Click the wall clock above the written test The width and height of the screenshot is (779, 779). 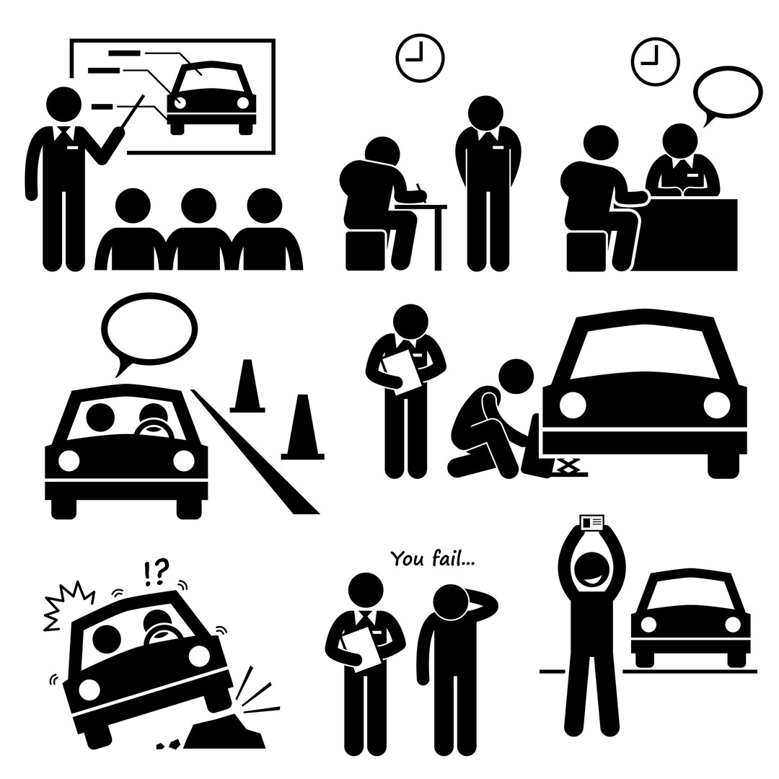pyautogui.click(x=419, y=57)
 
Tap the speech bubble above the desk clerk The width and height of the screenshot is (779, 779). pyautogui.click(x=727, y=90)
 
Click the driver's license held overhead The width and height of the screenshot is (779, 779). pyautogui.click(x=591, y=522)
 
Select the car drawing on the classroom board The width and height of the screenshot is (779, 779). pyautogui.click(x=212, y=98)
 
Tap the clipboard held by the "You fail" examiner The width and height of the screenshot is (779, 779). pyautogui.click(x=369, y=645)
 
